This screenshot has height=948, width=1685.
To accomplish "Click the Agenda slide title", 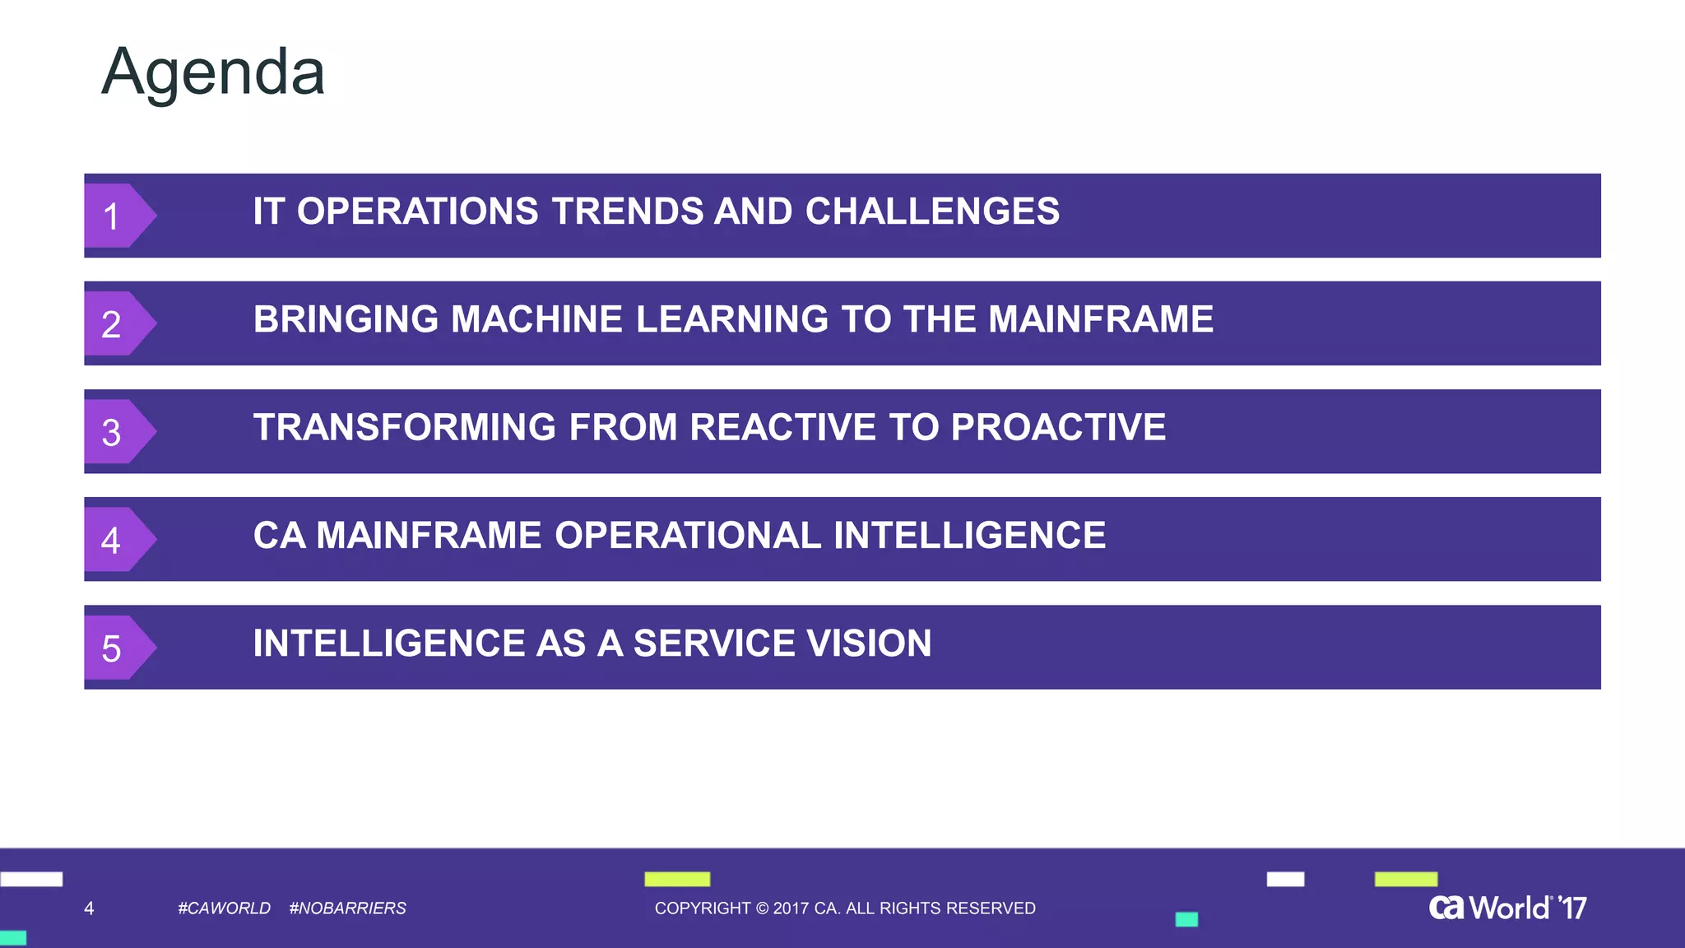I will pyautogui.click(x=213, y=72).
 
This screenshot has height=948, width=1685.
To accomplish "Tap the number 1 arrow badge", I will pyautogui.click(x=116, y=216).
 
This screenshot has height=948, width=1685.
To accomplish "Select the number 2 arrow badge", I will pyautogui.click(x=116, y=324).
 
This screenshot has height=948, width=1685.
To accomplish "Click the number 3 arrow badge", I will pyautogui.click(x=116, y=432).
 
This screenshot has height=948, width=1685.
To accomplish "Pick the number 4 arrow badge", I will pyautogui.click(x=116, y=540).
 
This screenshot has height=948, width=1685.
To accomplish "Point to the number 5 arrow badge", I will pyautogui.click(x=116, y=648).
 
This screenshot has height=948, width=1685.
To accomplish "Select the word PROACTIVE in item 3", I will pyautogui.click(x=1058, y=427).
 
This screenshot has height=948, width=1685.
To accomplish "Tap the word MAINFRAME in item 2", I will pyautogui.click(x=1100, y=319).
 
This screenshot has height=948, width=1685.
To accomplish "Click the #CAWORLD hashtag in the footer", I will pyautogui.click(x=224, y=908).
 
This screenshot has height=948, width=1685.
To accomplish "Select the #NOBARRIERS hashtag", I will pyautogui.click(x=347, y=908).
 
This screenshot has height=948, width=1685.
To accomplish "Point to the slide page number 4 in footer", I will pyautogui.click(x=89, y=908).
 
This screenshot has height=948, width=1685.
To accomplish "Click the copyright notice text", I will pyautogui.click(x=844, y=908).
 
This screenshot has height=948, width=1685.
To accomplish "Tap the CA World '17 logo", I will pyautogui.click(x=1507, y=908).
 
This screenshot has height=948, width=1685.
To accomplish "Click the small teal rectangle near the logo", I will pyautogui.click(x=1186, y=919).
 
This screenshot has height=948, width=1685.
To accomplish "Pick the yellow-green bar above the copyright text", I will pyautogui.click(x=677, y=879).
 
